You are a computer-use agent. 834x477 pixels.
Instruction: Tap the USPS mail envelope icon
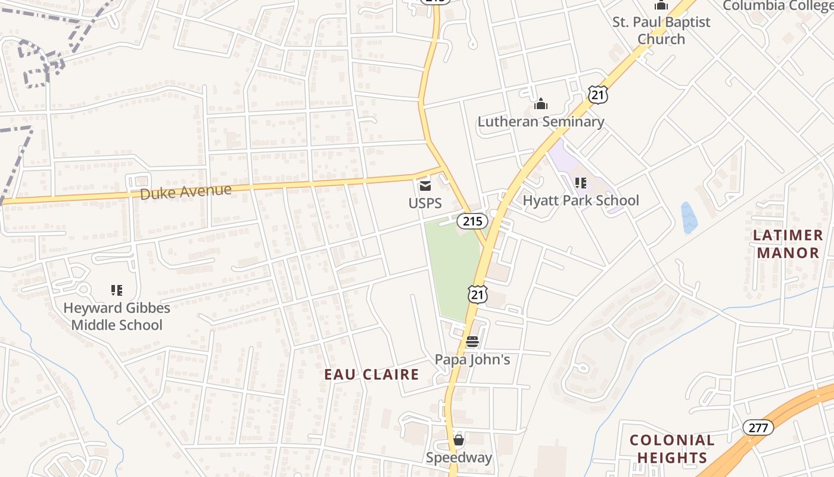tap(425, 185)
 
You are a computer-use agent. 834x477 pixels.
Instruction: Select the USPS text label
tap(425, 203)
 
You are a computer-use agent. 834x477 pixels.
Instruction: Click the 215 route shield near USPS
tap(472, 221)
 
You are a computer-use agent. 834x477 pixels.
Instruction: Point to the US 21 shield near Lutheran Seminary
tap(598, 94)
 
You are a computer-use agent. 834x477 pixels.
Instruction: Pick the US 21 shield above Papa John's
tap(478, 294)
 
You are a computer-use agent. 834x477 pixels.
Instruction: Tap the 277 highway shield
tap(758, 427)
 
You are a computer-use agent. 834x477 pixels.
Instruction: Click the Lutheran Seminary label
tap(541, 122)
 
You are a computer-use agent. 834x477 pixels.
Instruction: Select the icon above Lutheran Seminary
tap(541, 104)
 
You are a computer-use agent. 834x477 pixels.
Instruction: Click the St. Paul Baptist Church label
tap(661, 30)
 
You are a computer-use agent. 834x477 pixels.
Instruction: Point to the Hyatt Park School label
tap(581, 200)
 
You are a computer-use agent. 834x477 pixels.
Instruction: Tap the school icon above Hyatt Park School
tap(581, 183)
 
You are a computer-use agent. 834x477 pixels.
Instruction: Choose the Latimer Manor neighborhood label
tap(788, 244)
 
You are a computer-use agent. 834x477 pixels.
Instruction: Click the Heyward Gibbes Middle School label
tap(117, 317)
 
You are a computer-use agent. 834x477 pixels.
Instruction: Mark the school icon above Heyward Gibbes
tap(117, 290)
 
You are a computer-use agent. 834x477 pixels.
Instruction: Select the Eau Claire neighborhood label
tap(372, 374)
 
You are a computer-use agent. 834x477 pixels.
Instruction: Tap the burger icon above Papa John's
tap(472, 342)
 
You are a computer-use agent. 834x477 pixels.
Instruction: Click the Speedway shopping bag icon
tap(459, 441)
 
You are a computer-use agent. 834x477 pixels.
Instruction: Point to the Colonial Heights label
tap(672, 449)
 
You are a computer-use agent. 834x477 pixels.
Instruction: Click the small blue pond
tap(689, 218)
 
